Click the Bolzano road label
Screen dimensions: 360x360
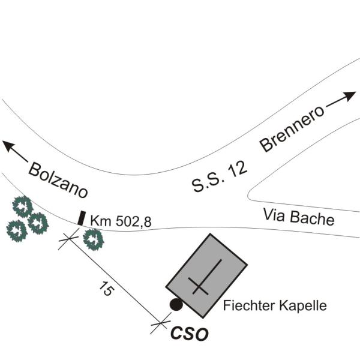58,181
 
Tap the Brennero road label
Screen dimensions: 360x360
292,129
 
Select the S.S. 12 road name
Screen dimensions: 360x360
220,177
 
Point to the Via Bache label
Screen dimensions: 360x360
299,217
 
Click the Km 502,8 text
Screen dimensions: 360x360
121,221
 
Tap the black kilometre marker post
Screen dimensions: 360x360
81,218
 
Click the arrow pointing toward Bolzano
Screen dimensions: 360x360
15,150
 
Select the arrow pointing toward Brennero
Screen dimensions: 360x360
341,99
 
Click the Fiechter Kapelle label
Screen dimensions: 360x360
275,305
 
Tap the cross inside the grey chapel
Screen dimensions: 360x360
205,277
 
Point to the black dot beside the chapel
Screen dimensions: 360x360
176,304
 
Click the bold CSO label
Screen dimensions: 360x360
190,334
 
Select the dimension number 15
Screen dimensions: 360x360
106,288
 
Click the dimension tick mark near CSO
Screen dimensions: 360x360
161,323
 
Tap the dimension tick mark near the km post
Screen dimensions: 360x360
68,239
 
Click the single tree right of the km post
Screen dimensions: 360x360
94,239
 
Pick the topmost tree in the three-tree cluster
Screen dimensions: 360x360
23,206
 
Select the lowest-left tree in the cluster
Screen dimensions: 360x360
17,231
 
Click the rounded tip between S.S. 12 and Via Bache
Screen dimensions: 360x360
249,196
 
